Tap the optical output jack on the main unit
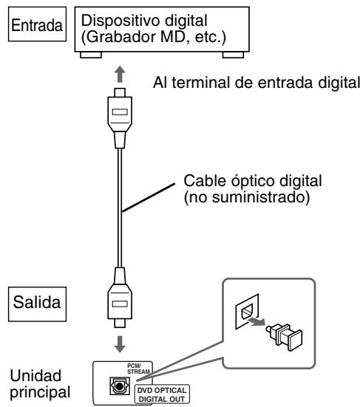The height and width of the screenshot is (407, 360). (x=119, y=386)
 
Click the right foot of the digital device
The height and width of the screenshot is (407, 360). (x=225, y=54)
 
